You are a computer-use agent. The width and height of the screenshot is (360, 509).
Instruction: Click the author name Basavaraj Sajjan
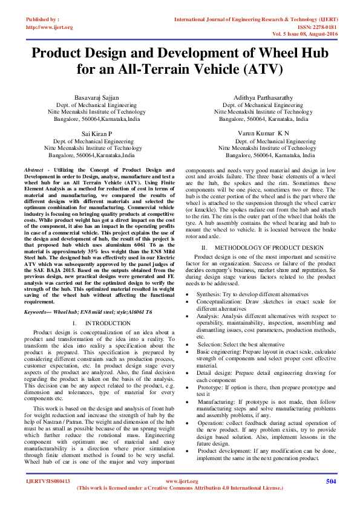pyautogui.click(x=97, y=97)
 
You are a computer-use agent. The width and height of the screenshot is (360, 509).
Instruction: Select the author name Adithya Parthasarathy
pyautogui.click(x=263, y=97)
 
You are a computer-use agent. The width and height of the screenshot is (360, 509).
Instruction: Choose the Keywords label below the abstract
pyautogui.click(x=38, y=311)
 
